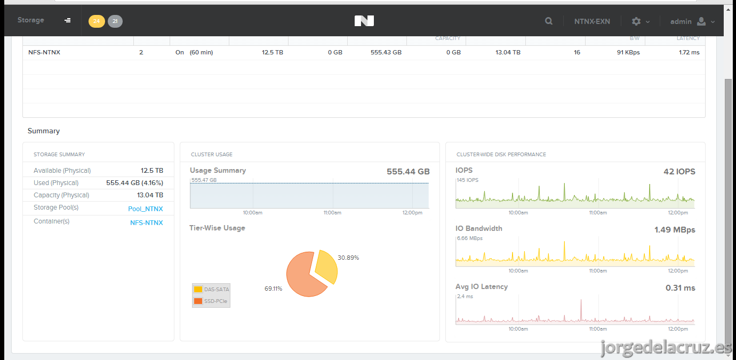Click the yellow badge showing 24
(x=97, y=21)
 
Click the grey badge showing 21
(x=115, y=21)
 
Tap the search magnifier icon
(x=548, y=21)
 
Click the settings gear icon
(x=636, y=21)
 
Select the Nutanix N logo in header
(x=364, y=21)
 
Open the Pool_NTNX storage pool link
(x=146, y=209)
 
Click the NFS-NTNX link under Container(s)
(x=147, y=223)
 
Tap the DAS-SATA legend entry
(x=211, y=290)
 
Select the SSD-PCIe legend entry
(x=211, y=301)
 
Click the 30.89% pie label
(x=348, y=258)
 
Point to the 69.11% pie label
(x=274, y=289)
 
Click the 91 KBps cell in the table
(x=628, y=52)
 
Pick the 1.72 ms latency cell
(x=690, y=52)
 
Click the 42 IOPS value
(x=679, y=171)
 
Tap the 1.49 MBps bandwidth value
(x=675, y=229)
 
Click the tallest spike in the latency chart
(x=581, y=300)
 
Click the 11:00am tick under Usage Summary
(x=332, y=213)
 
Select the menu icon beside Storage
(x=67, y=20)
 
